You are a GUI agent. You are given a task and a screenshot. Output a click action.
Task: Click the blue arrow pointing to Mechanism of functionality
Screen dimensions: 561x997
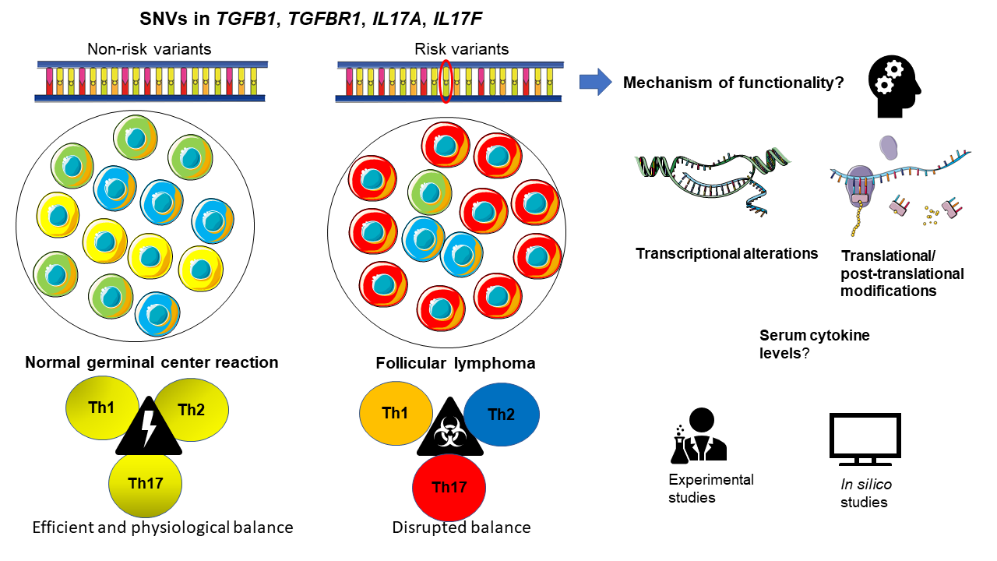596,82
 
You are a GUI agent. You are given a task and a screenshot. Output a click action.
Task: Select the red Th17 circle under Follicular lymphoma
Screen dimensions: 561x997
449,489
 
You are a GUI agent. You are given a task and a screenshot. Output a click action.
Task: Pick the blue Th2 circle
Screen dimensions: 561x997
502,415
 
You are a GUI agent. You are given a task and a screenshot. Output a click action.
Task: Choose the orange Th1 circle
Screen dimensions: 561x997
395,414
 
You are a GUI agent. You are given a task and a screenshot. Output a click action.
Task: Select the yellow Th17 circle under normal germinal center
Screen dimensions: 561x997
146,484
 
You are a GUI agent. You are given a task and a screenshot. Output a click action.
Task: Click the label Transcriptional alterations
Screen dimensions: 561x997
727,253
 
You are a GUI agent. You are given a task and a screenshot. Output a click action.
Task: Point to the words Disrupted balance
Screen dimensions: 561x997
462,527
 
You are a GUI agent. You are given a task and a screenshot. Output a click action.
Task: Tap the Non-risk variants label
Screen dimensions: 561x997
150,49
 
